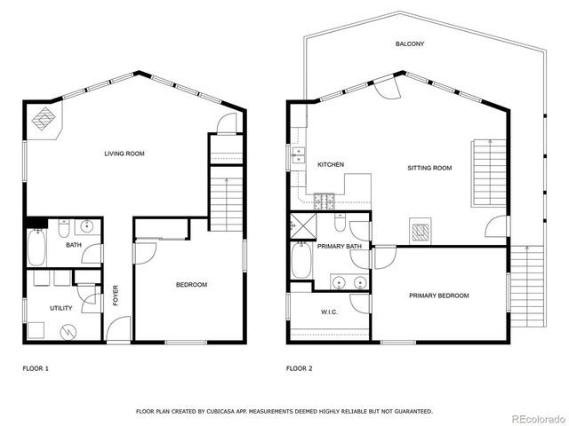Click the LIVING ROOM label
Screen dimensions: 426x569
point(124,154)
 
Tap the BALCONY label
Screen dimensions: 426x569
point(411,43)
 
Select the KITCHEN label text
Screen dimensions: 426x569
point(331,164)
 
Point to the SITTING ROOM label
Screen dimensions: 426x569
point(429,168)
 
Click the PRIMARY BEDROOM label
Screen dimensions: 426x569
point(438,296)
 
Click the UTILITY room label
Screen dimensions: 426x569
point(48,308)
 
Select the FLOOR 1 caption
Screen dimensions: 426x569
point(36,367)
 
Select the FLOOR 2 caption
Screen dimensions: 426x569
point(300,367)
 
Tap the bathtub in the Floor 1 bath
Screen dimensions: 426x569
point(37,248)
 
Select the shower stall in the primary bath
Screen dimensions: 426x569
point(302,225)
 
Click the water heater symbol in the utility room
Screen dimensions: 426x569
point(68,331)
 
